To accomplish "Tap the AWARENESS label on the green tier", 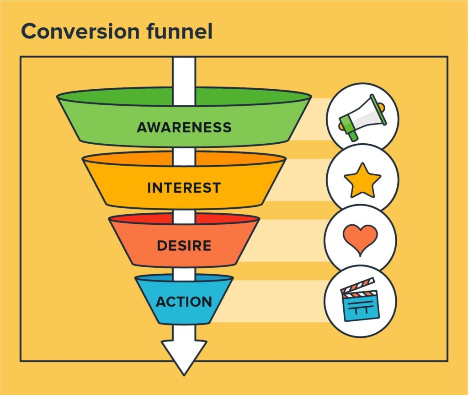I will [x=184, y=127].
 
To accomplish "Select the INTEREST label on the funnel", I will [x=184, y=188].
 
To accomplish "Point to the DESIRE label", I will [x=184, y=246].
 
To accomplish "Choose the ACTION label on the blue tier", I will [x=184, y=302].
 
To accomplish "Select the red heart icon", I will [x=361, y=239].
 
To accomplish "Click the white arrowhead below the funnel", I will [x=184, y=355].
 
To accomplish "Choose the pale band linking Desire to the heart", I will [x=292, y=240].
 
